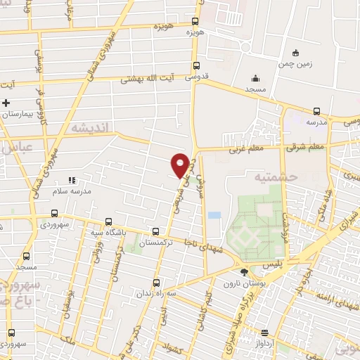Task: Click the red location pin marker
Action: coord(180,165)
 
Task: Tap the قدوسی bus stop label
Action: coord(197,79)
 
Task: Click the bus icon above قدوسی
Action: coord(197,67)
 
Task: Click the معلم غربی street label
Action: coord(244,149)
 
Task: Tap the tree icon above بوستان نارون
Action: coord(244,271)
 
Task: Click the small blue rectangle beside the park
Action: coord(214,214)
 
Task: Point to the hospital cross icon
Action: coord(6,103)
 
